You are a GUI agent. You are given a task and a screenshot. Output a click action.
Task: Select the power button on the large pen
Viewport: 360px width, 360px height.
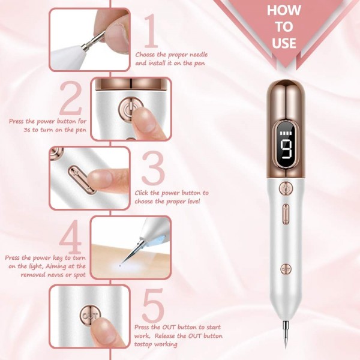point(286,189)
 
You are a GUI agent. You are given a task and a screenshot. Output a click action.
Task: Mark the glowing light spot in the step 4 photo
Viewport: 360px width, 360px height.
point(123,261)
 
